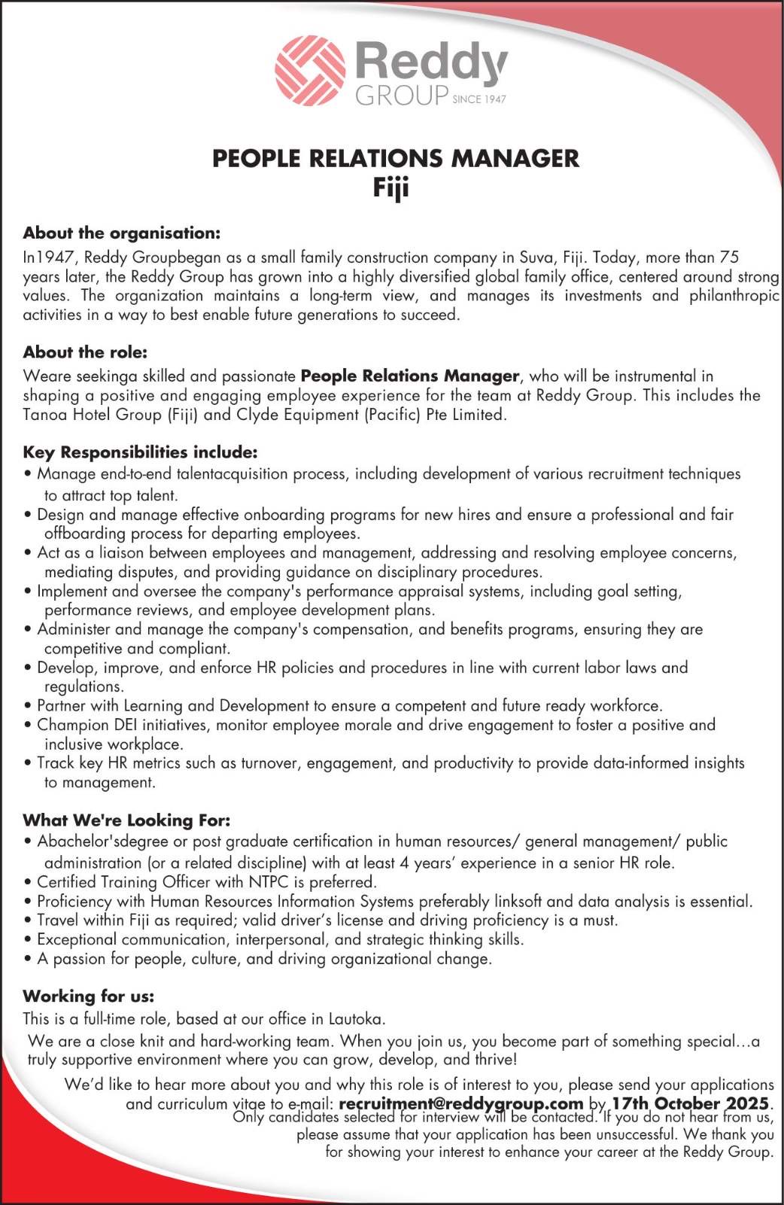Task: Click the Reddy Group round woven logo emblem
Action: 310,71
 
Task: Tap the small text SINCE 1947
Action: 479,99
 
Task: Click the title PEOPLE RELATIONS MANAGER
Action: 396,159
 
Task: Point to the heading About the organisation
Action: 122,233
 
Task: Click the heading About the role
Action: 85,351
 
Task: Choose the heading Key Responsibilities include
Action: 140,452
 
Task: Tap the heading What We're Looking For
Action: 126,820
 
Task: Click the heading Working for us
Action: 89,996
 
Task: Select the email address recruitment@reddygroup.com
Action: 461,1103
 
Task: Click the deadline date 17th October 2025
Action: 690,1103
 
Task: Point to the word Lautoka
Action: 357,1019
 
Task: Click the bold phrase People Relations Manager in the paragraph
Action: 410,376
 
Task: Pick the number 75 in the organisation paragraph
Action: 729,257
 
